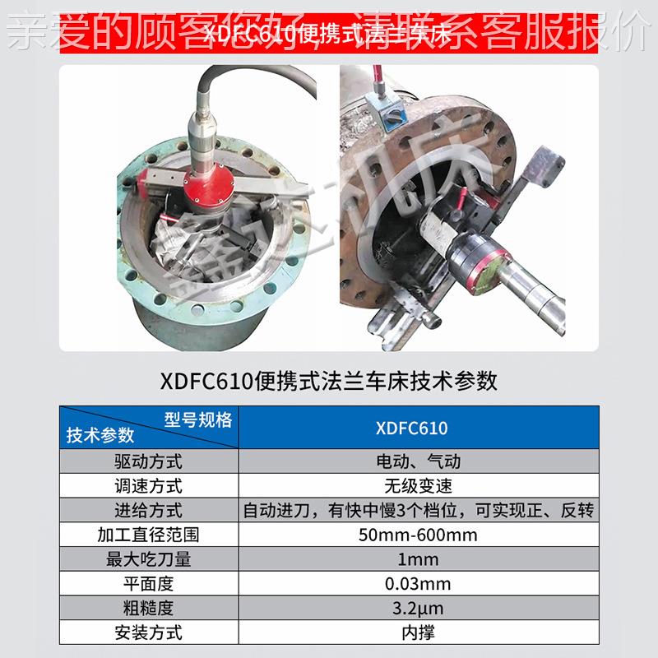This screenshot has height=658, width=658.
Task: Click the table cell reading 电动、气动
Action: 419,461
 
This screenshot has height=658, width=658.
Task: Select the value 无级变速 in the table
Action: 419,486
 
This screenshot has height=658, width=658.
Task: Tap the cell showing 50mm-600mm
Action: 419,535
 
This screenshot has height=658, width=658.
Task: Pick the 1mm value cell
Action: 419,560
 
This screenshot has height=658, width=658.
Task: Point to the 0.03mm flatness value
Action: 419,585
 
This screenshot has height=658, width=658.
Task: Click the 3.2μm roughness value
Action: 419,609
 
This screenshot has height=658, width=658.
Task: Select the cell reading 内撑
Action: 419,633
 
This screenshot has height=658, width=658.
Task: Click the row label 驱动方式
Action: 149,461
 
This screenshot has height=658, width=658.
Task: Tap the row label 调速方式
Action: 149,486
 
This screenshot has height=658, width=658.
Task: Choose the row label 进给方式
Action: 149,511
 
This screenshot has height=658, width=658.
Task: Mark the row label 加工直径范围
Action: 149,535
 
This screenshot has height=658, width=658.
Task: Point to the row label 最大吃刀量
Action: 149,560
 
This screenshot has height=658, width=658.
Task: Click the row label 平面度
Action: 149,585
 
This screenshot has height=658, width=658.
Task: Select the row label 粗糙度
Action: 149,609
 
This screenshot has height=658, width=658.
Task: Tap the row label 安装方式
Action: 149,633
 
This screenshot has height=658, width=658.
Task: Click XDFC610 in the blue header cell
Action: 419,429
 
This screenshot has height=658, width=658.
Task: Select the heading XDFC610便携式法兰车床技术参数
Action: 328,381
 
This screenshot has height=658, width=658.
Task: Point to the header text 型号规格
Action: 197,420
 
